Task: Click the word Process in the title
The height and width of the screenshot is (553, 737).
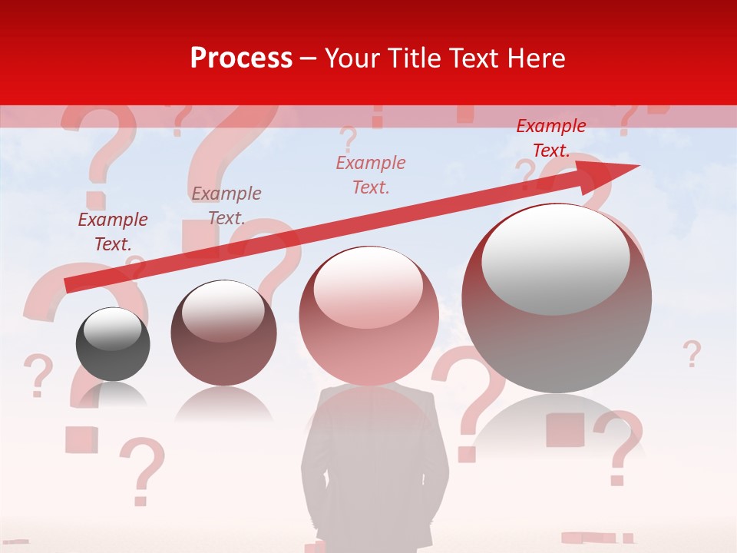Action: (241, 58)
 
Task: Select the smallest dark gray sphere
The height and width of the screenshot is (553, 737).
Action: (113, 345)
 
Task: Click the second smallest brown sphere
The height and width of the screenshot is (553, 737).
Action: (223, 333)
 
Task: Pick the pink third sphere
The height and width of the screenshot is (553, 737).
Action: (360, 316)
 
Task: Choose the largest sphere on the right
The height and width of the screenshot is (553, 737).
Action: (557, 300)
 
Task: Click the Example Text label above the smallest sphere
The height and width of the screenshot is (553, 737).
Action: (113, 232)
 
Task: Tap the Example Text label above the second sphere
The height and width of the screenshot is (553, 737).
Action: (226, 206)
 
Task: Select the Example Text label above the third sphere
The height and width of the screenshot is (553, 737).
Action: (371, 174)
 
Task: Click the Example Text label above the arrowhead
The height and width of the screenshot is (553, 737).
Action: (551, 138)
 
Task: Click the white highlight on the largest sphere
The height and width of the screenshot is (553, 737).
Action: (555, 259)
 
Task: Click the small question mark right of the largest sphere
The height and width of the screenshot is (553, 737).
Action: (692, 354)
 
